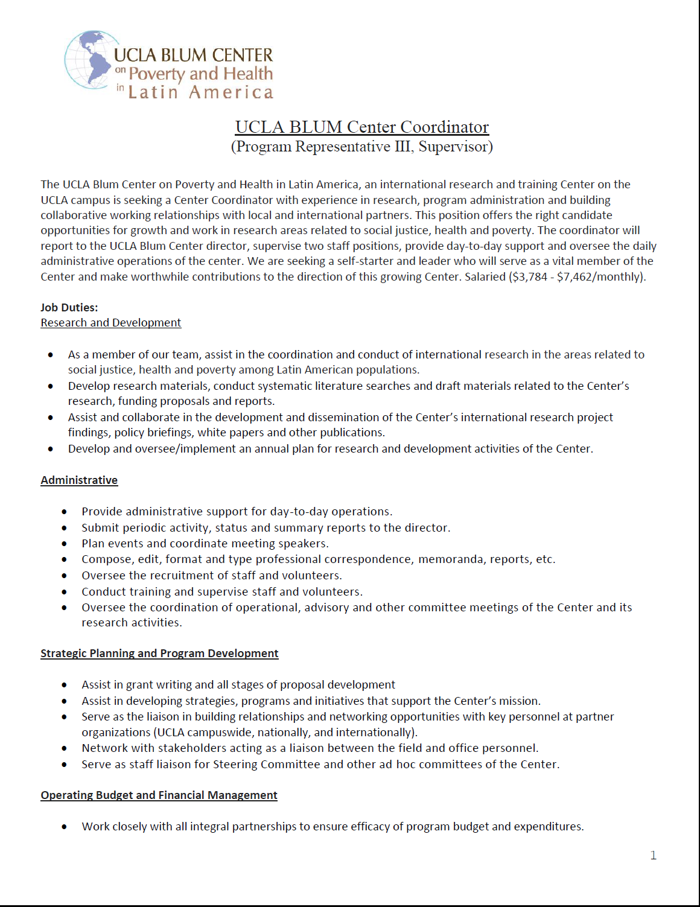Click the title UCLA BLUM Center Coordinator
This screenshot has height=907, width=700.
tap(361, 127)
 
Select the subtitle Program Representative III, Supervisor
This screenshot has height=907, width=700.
tap(361, 147)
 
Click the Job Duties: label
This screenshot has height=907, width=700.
tap(69, 308)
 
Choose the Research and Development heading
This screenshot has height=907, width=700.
tap(111, 323)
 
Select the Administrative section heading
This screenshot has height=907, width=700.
tap(79, 480)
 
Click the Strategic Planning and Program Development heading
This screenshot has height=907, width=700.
tap(159, 654)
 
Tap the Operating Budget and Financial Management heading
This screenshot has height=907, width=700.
tap(159, 795)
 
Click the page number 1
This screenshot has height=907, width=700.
tap(653, 855)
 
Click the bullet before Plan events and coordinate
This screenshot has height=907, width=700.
tap(65, 544)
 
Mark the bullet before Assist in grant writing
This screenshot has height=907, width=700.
tap(65, 685)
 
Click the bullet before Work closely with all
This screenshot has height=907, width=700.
tap(65, 827)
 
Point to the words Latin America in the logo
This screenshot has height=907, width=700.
tap(200, 92)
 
